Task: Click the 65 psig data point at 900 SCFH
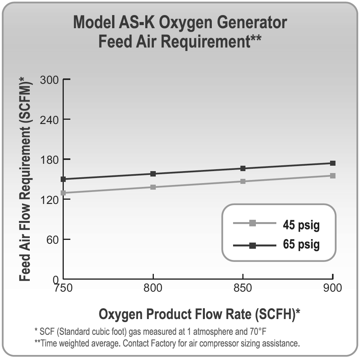333,163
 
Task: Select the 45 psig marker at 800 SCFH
153,187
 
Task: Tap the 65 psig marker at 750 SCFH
63,179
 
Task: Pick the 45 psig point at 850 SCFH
243,181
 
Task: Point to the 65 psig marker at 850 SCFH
243,168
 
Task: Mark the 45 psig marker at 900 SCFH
333,176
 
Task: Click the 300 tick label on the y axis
49,80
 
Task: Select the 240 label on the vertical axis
49,119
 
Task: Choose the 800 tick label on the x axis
153,289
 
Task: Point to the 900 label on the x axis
332,289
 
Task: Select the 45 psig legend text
301,226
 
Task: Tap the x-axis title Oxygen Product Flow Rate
199,314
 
